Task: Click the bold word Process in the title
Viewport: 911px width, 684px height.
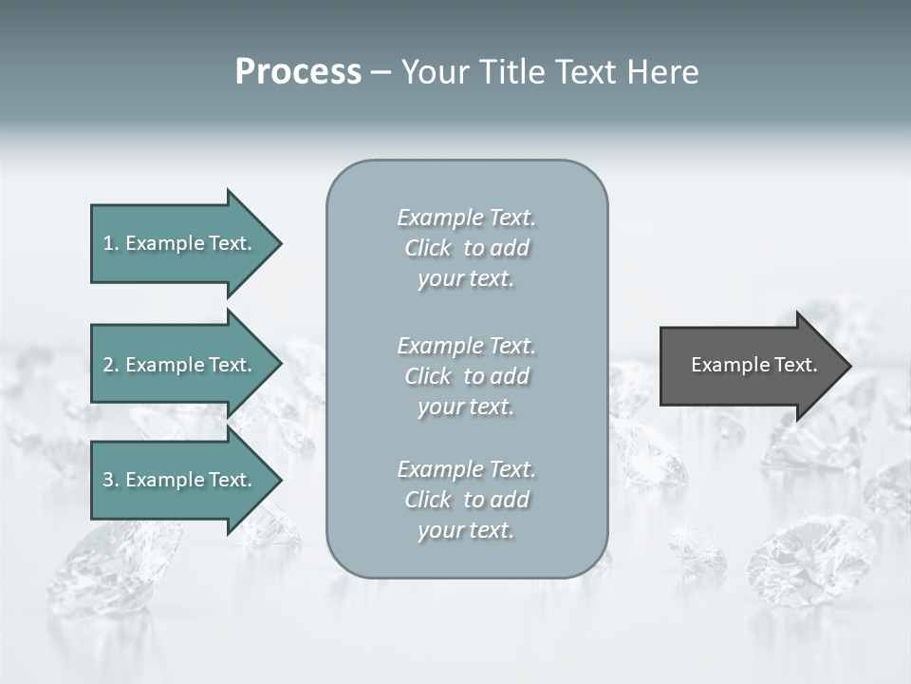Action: point(298,72)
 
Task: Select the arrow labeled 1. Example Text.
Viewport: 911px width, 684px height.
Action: point(180,243)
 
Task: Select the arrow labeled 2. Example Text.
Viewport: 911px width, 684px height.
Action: point(180,365)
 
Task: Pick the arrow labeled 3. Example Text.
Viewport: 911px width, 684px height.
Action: point(180,480)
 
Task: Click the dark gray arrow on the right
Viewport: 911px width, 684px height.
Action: point(750,366)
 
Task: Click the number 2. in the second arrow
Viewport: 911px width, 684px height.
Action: point(111,365)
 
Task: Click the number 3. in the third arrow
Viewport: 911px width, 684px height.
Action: point(111,480)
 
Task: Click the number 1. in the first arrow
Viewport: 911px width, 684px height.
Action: point(110,243)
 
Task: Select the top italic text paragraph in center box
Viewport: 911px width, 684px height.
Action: point(467,248)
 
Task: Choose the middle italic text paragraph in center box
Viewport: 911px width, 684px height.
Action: point(467,376)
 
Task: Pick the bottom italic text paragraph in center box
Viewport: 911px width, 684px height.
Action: point(467,500)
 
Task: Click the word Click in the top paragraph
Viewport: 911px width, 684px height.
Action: point(428,248)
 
